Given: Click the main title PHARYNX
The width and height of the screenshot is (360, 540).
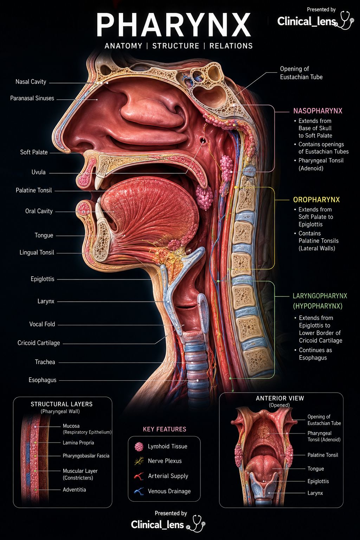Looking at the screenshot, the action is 174,25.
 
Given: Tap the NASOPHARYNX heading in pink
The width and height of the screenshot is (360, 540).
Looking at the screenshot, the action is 317,111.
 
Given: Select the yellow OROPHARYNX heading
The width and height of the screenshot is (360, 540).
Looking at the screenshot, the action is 316,200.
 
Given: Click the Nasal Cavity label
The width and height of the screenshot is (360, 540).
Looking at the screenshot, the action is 31,82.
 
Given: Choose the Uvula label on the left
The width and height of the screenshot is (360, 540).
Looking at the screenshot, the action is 38,172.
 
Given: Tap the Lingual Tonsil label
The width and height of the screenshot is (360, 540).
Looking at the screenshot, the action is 37,252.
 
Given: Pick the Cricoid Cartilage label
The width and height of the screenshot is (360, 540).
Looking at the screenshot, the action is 39,343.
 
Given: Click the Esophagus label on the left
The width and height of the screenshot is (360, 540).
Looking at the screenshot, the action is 43,380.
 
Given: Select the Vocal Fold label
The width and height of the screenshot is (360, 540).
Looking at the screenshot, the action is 42,324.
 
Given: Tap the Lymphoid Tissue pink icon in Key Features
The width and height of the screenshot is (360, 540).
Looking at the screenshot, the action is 139,447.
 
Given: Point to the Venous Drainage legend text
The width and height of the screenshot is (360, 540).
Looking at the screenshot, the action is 169,491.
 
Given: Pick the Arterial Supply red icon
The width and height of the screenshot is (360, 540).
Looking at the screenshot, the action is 139,476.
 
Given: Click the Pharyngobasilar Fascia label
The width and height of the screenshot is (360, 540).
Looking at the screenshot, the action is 86,456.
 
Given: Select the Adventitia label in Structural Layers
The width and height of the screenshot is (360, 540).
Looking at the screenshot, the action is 74,490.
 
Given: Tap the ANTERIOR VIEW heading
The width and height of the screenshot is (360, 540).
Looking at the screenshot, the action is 280,398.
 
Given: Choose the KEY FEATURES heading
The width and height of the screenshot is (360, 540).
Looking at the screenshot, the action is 165,429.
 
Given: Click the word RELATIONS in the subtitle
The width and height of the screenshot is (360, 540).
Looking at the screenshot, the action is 231,46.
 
